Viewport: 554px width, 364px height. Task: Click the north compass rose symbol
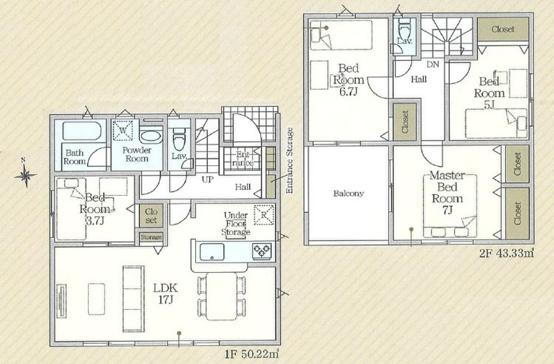tap(25, 174)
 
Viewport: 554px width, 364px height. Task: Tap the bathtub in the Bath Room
tap(82, 131)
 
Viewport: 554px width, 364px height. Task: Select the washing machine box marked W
tap(123, 130)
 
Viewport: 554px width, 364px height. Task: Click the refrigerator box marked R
tap(264, 215)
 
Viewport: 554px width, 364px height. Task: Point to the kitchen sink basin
tap(212, 252)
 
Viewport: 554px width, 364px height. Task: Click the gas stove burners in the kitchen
tap(262, 251)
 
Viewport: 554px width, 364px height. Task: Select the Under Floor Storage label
tap(236, 224)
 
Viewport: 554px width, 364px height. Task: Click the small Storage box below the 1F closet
tap(151, 237)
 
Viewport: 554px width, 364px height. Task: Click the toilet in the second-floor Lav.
tap(404, 29)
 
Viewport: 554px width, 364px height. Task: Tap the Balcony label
tap(349, 193)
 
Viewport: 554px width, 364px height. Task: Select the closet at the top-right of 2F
tap(503, 29)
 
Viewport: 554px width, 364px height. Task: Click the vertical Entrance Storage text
tap(289, 160)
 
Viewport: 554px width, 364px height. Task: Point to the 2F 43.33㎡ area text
tap(506, 254)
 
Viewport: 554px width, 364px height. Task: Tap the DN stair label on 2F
tap(433, 64)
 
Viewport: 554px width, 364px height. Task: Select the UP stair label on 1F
tap(207, 179)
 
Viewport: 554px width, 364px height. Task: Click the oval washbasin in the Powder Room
tap(151, 136)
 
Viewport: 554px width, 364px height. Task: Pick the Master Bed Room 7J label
tap(447, 193)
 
